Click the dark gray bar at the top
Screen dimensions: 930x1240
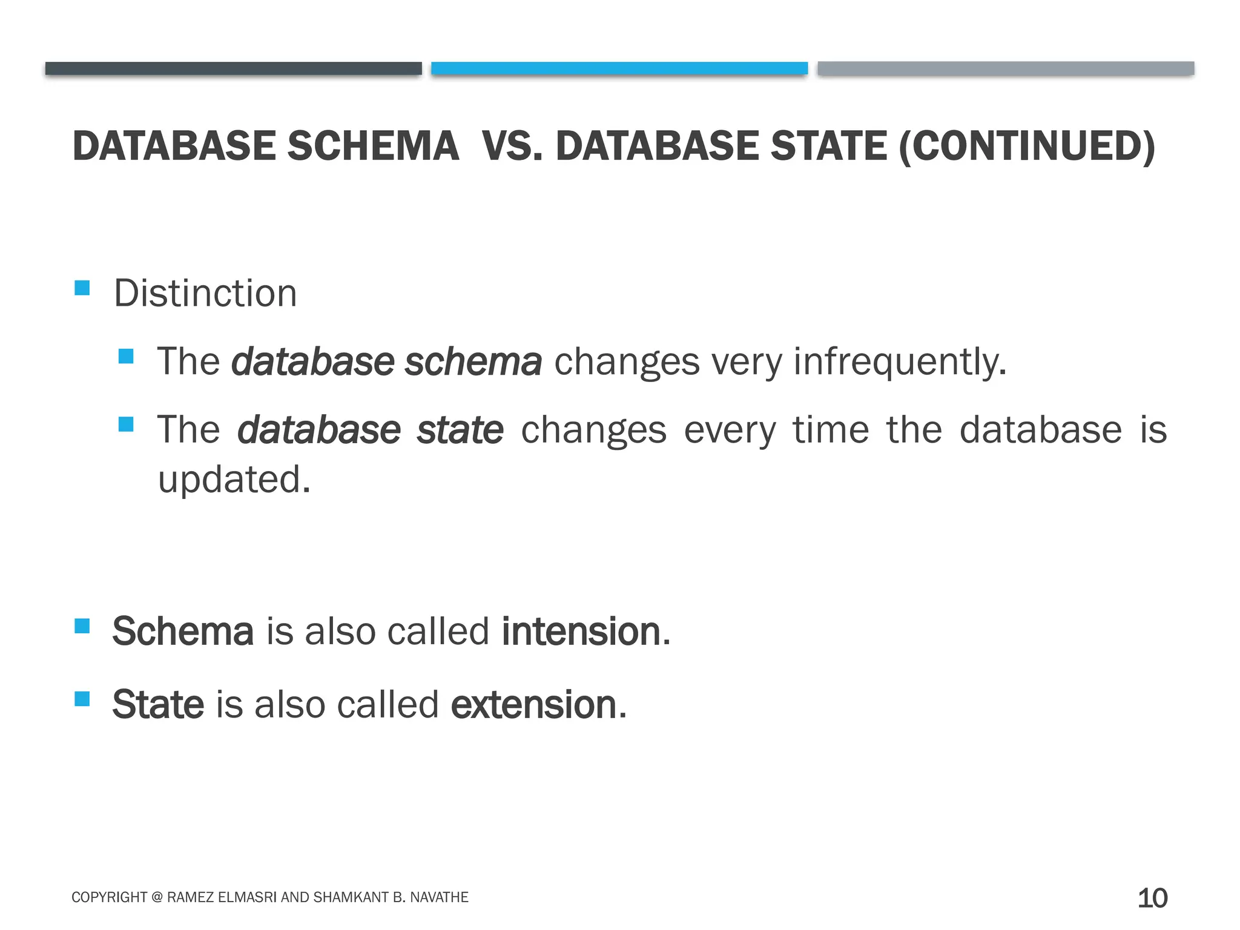[x=233, y=68]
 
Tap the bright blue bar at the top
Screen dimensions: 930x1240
[x=619, y=68]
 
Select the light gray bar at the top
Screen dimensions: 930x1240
[x=1006, y=68]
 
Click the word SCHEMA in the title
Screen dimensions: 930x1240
[x=373, y=147]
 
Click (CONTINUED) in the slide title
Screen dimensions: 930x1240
[x=1027, y=147]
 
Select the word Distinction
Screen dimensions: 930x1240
[x=205, y=294]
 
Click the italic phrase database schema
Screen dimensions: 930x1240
[x=386, y=361]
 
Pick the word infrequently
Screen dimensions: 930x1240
[x=900, y=361]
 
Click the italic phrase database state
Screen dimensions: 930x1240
[x=370, y=430]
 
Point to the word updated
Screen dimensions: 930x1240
[x=234, y=480]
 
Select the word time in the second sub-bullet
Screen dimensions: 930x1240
[x=831, y=430]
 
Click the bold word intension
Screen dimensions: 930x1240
[x=581, y=632]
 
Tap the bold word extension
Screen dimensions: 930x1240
[x=534, y=705]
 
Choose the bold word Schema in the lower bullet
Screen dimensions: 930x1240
[x=183, y=632]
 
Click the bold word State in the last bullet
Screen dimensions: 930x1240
[x=158, y=705]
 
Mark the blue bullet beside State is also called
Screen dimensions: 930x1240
[x=82, y=699]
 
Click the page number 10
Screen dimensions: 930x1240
[x=1152, y=898]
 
